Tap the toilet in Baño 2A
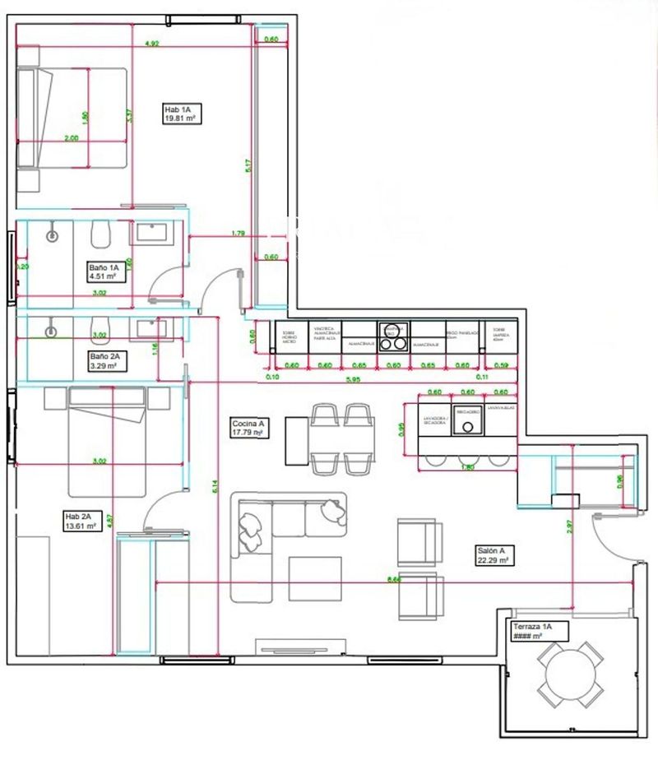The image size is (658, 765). (99, 327)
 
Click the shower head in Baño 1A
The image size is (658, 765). (53, 234)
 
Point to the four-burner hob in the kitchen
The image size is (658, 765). (392, 335)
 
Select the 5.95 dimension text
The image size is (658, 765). (354, 379)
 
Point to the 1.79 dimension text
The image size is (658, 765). (239, 234)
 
